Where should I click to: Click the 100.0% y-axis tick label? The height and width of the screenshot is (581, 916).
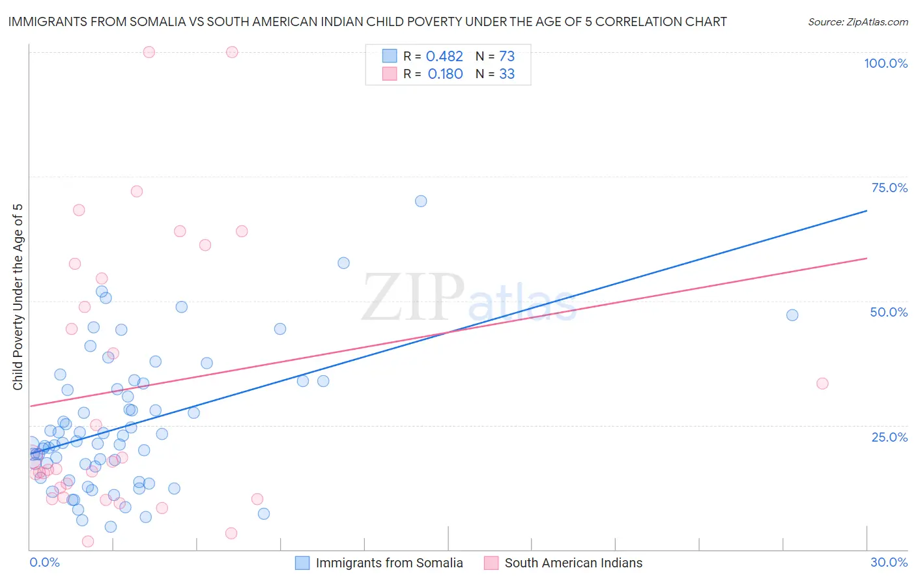coord(885,63)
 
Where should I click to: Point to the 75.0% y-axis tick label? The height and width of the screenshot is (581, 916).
coord(889,188)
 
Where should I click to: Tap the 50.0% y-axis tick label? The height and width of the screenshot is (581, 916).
coord(889,312)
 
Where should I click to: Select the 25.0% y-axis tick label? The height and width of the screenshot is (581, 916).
coord(889,437)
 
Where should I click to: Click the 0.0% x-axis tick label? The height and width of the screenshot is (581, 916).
coord(44,563)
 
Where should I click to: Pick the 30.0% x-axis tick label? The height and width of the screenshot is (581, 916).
coord(889,563)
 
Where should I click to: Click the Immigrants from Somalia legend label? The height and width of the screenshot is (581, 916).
coord(389,563)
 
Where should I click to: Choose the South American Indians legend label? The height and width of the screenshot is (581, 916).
coord(573,563)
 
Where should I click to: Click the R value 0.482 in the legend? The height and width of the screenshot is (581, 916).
coord(444,57)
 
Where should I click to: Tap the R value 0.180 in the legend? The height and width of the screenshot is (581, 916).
coord(445,74)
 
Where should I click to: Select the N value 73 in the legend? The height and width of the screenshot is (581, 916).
coord(506,57)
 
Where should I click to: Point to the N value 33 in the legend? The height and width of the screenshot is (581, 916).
coord(506,74)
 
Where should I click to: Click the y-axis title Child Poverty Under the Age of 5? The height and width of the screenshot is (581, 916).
coord(18,297)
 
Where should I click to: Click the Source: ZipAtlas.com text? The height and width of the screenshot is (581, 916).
coord(857,22)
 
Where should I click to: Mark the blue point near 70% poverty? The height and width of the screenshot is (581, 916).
coord(421,201)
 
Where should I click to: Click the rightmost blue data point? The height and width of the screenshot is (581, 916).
coord(792,315)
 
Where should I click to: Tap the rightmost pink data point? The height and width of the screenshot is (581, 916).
coord(822,384)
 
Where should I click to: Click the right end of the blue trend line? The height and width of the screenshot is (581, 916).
coord(866,210)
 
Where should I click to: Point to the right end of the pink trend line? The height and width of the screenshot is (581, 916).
coord(866,259)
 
